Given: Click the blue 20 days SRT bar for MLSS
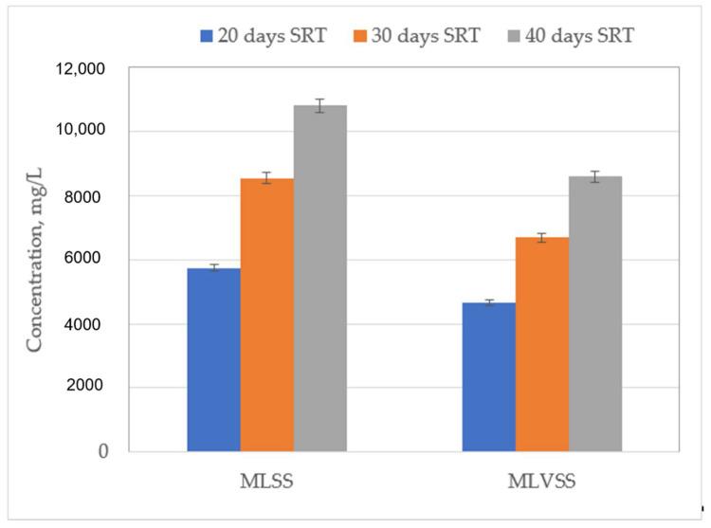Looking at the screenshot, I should pos(213,359).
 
